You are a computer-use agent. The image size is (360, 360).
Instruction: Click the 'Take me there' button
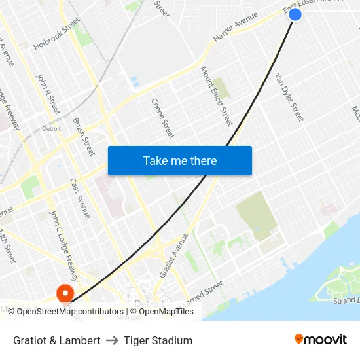[180, 160]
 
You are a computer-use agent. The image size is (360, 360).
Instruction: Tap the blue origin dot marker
[295, 14]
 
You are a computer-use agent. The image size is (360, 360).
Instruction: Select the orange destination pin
[65, 293]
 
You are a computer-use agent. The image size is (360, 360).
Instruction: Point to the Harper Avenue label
[236, 32]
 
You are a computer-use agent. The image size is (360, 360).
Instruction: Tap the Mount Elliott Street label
[216, 96]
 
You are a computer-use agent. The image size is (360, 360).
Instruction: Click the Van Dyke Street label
[289, 97]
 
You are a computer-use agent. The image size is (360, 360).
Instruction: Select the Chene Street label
[162, 118]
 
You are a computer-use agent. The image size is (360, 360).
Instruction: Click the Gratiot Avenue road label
[173, 255]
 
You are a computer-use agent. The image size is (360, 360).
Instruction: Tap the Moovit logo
[320, 340]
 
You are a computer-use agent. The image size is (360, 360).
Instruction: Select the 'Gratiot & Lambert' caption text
[57, 340]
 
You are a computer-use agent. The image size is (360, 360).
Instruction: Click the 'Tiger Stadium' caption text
[158, 340]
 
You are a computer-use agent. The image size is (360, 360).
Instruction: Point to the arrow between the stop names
[112, 340]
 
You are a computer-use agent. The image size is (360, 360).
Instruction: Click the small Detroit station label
[51, 128]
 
